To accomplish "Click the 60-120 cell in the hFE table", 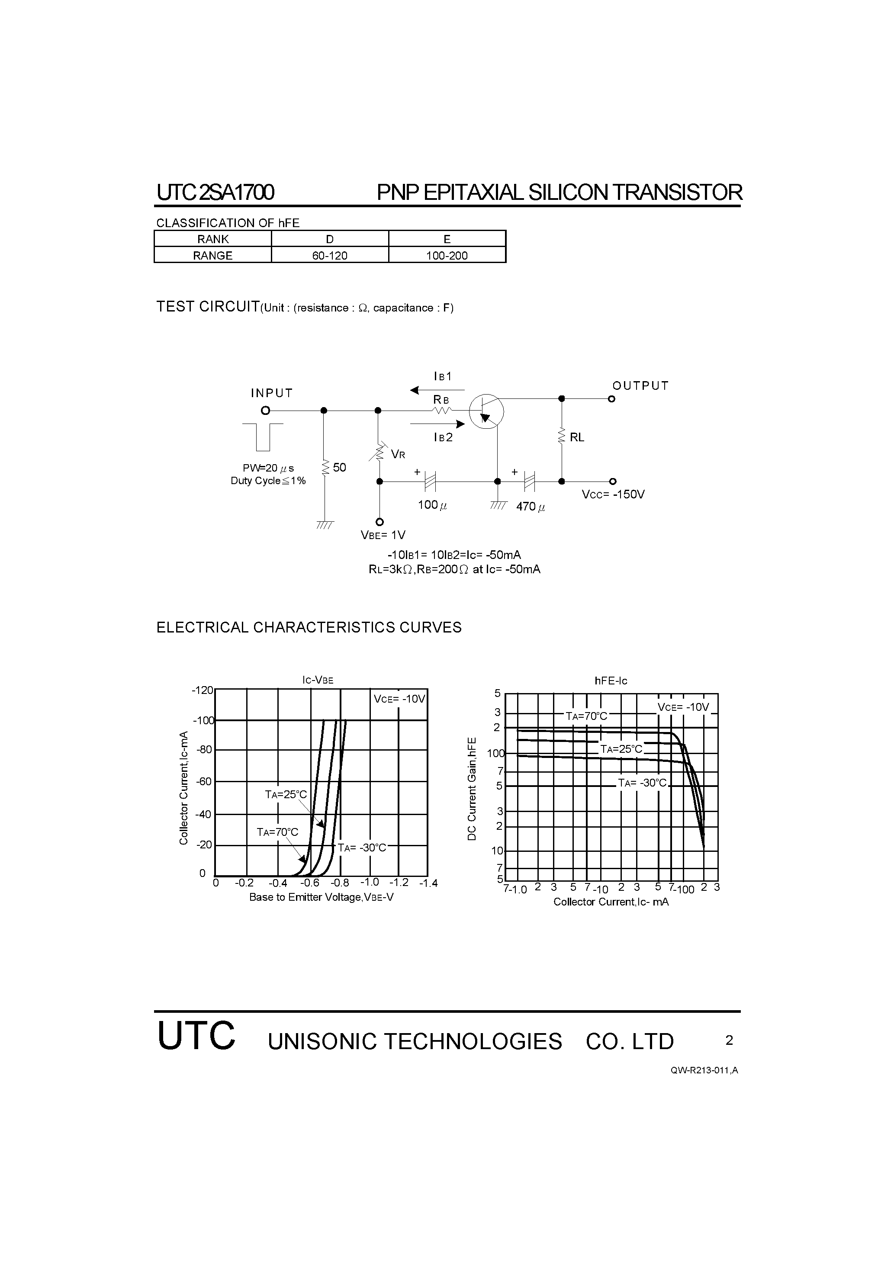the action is [330, 256].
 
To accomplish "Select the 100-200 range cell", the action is [447, 256].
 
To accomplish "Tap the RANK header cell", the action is [213, 239].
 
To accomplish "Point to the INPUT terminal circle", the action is [266, 411].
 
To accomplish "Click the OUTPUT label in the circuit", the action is [640, 385].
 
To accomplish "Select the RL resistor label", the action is [577, 437].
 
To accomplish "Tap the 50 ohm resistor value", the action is [340, 468].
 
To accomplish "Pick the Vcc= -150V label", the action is [613, 494].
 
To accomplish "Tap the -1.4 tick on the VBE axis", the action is [428, 883].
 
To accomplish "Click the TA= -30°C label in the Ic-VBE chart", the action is [362, 848].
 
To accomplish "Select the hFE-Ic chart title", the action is [611, 681].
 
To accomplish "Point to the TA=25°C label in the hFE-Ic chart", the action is [622, 749].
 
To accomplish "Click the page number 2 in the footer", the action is [729, 1040].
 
